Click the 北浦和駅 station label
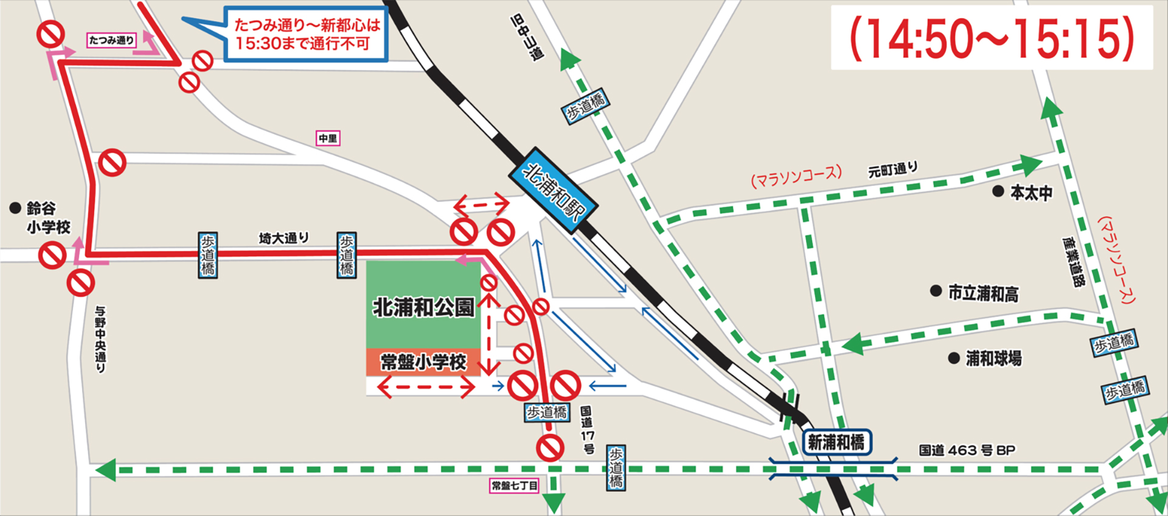[552, 191]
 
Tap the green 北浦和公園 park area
[423, 304]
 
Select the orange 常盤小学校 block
[423, 362]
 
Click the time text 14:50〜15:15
[992, 38]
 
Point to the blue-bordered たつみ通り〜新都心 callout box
[306, 35]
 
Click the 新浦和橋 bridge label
[836, 442]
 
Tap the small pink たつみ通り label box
[112, 40]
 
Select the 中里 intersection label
[328, 139]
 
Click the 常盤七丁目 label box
[515, 486]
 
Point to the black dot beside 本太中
[998, 191]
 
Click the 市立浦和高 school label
[983, 294]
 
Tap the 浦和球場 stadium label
[993, 358]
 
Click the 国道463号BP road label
[967, 450]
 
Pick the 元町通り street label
[892, 170]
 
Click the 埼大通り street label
[283, 238]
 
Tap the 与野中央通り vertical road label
[100, 338]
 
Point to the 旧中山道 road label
[527, 37]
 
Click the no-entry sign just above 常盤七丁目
[550, 448]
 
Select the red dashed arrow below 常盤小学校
[426, 386]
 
